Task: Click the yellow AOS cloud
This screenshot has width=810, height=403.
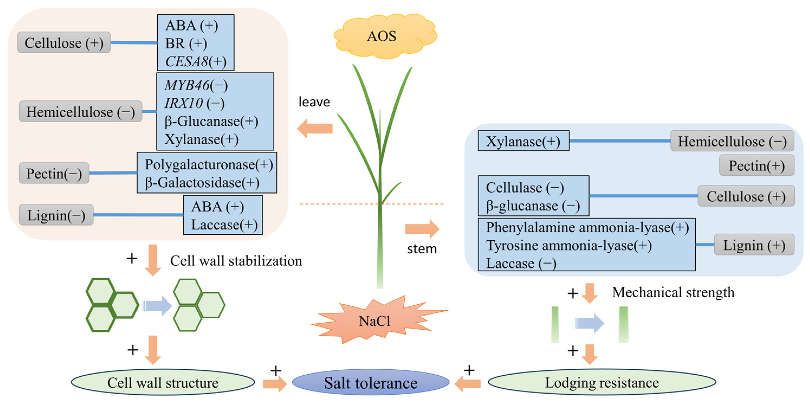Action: [x=385, y=36]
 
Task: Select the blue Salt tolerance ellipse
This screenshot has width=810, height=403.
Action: [x=371, y=382]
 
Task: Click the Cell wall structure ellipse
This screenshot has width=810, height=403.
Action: [x=163, y=382]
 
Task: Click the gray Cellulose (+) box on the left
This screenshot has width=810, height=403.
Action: [x=64, y=42]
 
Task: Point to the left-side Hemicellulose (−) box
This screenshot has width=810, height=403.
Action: [x=80, y=112]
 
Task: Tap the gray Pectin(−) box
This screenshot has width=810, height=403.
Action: [x=54, y=173]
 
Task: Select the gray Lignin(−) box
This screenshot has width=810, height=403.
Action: [x=56, y=215]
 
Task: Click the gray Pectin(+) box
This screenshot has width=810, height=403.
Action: [x=757, y=165]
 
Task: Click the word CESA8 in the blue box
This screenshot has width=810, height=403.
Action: [x=187, y=61]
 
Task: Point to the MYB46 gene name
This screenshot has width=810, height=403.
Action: [x=187, y=85]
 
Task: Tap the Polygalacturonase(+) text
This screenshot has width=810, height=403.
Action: [x=209, y=165]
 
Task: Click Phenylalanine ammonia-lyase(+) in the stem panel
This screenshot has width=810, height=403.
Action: [x=587, y=227]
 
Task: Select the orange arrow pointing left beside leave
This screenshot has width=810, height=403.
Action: [x=315, y=129]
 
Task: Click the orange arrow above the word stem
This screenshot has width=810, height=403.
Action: [x=422, y=229]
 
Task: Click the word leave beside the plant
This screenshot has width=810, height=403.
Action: [x=314, y=102]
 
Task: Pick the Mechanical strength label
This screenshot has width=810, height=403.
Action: [x=673, y=292]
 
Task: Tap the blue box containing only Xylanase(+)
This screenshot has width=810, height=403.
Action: [x=524, y=141]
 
